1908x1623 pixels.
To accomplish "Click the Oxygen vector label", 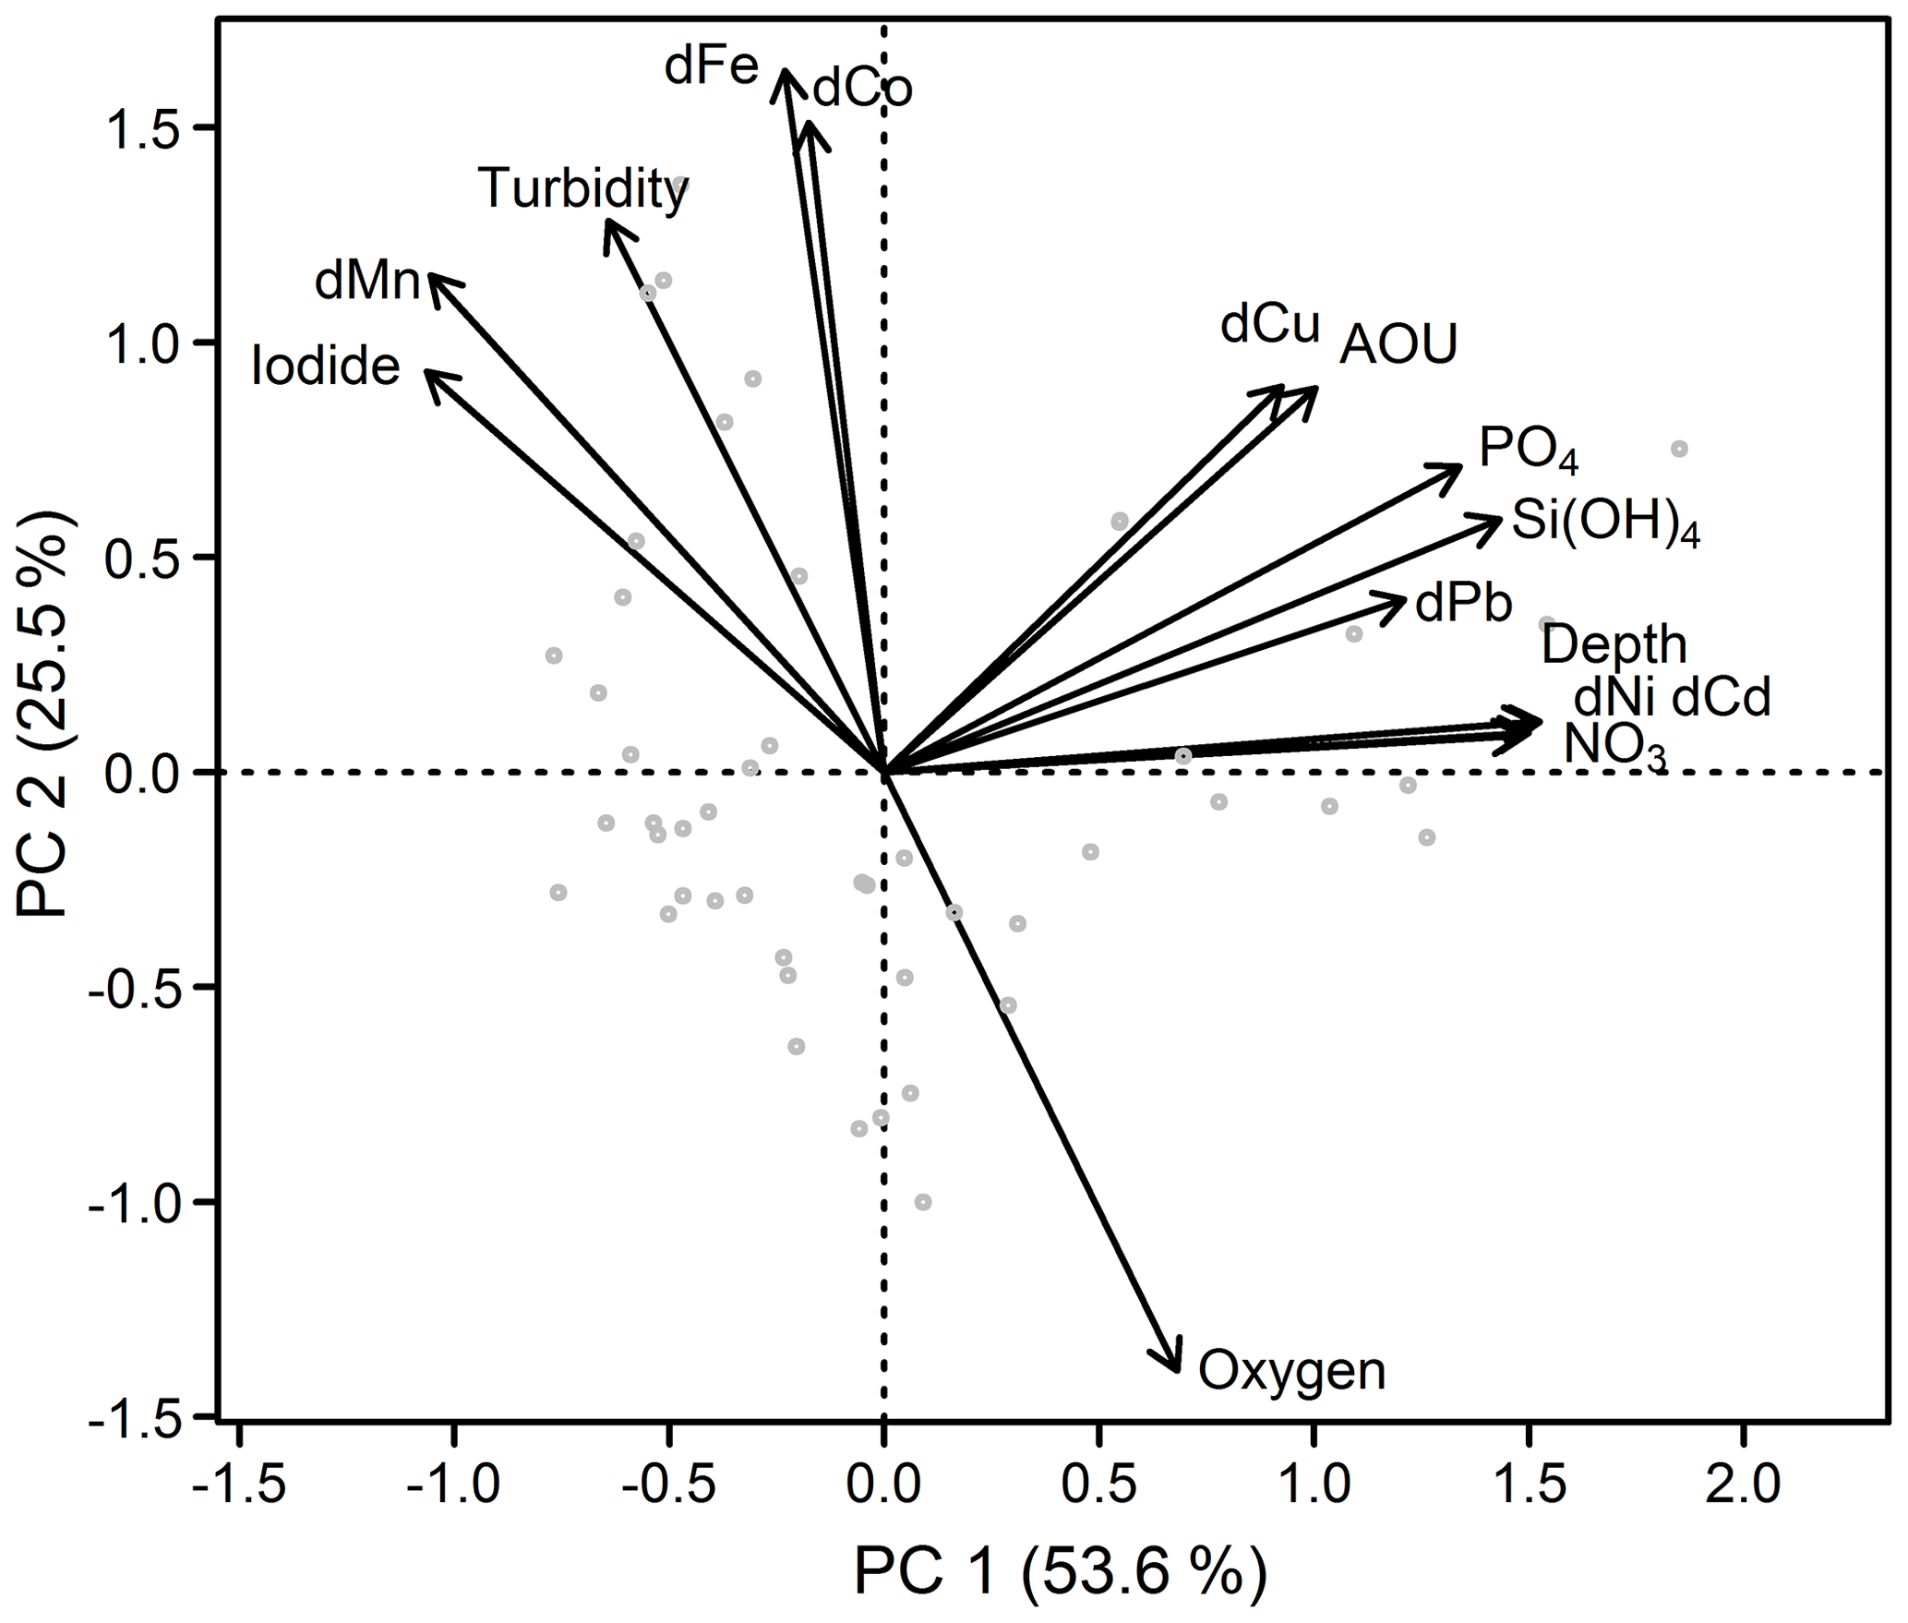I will (1291, 1371).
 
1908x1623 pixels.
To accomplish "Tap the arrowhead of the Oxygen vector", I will (1177, 1370).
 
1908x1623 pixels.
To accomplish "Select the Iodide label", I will (326, 367).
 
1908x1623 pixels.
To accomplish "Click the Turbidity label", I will (583, 189).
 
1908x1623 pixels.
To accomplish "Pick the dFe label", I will (711, 67).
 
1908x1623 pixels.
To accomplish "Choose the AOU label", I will (1398, 345).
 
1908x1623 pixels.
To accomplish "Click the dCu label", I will (1270, 326).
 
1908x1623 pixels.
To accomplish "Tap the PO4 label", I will (1528, 451).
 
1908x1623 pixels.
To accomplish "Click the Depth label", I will (1614, 644).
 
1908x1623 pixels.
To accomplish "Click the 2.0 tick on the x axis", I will (1744, 1486).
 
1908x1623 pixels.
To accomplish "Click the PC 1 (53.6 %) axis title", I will (1060, 1571).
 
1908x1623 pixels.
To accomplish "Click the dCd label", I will (1722, 699).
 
